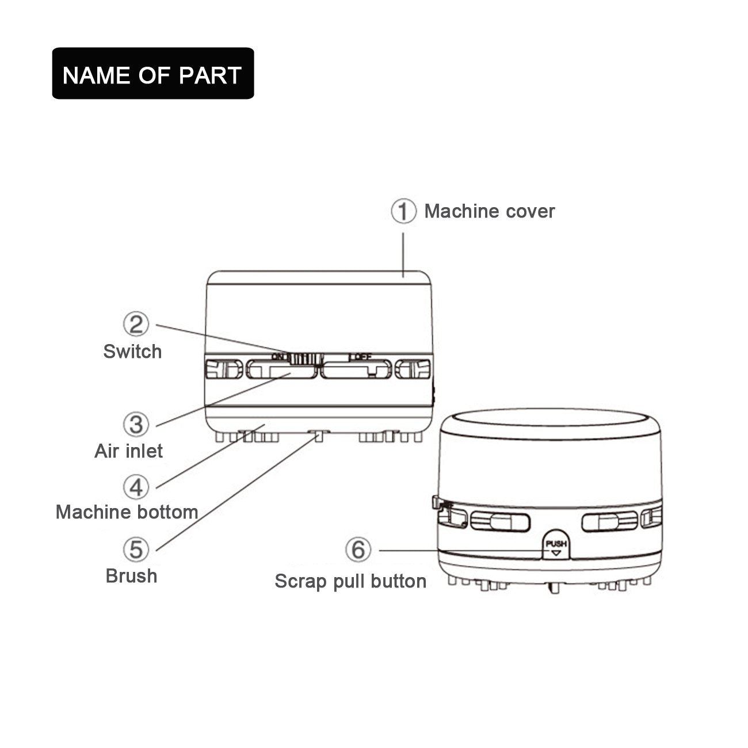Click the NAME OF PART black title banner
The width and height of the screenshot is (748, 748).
153,74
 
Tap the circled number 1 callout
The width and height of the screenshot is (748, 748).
403,211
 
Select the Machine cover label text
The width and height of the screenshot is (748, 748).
490,212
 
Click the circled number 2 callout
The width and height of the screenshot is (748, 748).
136,324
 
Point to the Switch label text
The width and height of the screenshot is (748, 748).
132,352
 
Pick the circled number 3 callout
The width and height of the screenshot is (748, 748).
136,425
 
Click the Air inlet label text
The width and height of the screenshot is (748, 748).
128,451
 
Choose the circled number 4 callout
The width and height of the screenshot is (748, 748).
136,487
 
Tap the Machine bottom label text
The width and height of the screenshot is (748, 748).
127,512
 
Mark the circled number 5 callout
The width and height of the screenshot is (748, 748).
136,549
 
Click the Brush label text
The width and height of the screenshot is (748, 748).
132,575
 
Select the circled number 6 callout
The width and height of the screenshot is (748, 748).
358,549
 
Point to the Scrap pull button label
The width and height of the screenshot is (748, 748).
350,582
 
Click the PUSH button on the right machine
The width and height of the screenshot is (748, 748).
556,545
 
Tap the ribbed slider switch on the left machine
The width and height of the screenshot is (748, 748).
306,358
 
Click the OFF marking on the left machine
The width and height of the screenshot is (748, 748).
361,356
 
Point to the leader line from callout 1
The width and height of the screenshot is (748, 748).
403,255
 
